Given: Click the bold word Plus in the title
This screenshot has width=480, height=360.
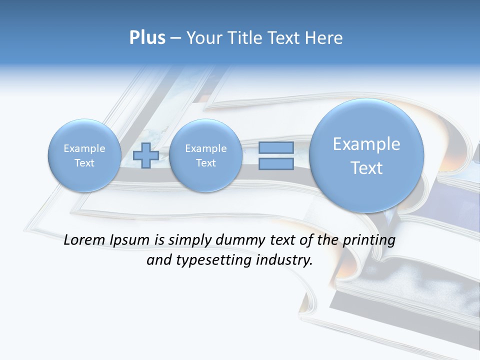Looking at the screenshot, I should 147,38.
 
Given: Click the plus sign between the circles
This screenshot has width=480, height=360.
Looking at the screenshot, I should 146,155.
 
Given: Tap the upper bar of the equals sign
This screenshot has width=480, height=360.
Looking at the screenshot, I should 276,147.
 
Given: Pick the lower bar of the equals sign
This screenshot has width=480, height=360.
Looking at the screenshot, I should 276,163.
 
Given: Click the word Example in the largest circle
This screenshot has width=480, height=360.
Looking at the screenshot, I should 366,144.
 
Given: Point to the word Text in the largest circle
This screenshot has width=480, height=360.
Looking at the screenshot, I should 366,168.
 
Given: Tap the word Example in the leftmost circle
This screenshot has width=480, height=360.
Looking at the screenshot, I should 84,148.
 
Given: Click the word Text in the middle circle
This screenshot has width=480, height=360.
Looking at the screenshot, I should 205,163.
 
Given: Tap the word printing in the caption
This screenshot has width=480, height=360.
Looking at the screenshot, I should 370,240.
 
